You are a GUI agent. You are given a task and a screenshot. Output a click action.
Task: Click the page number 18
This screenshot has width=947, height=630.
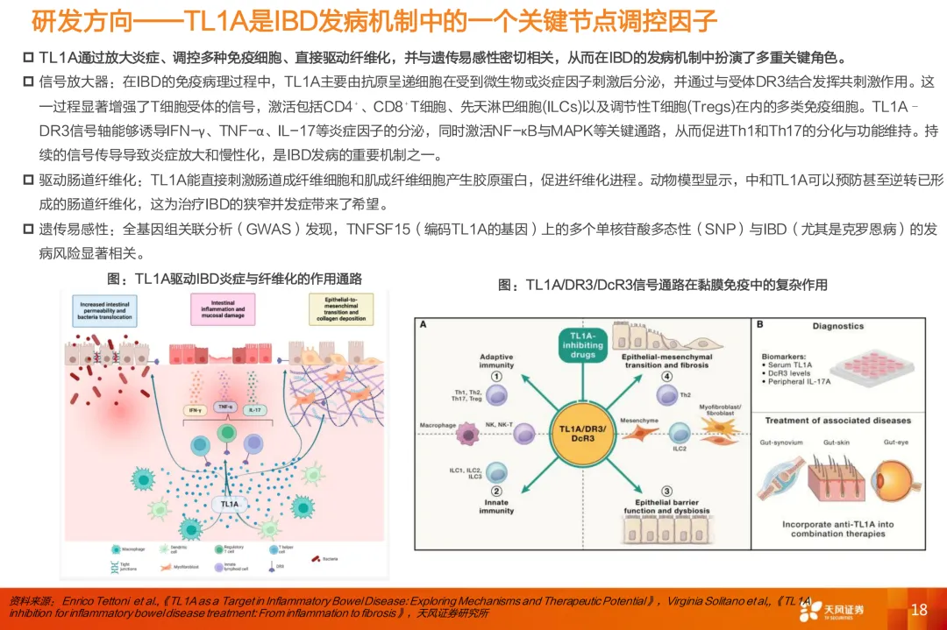pos(918,610)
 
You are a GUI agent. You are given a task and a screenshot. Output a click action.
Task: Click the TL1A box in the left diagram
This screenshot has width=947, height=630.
pos(229,505)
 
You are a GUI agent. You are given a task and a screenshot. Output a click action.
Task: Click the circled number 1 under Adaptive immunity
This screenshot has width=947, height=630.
pos(495,375)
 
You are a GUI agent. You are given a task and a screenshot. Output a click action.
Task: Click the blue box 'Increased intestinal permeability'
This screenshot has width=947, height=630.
pos(104,311)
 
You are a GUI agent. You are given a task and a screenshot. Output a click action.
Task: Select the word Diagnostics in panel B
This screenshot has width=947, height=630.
pos(837,326)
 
